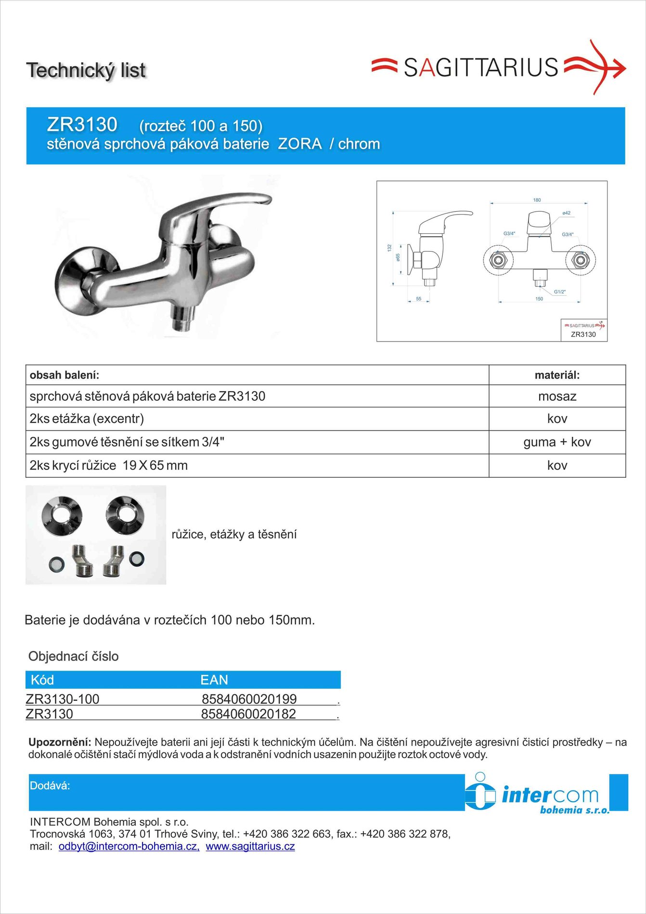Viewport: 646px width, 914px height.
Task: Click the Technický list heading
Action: [86, 70]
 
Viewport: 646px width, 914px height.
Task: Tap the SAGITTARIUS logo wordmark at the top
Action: [480, 68]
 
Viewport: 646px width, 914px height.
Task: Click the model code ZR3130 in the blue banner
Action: [82, 125]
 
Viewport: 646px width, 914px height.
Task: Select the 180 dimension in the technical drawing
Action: [537, 200]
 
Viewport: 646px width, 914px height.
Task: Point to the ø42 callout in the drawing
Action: [566, 213]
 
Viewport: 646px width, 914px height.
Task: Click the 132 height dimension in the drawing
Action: [389, 248]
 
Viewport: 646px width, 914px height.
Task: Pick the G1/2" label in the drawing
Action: [559, 292]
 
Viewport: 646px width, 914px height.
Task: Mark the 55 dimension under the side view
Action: [418, 299]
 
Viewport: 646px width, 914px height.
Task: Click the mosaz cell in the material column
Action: [557, 396]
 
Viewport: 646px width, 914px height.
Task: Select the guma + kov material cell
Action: [557, 442]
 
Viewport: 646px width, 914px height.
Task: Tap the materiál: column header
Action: [557, 375]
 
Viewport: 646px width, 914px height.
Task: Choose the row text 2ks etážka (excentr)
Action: [87, 419]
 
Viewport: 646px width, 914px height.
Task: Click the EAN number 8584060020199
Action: [249, 698]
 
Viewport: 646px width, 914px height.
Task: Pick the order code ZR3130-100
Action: [63, 698]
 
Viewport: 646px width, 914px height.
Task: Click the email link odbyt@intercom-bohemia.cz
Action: [129, 847]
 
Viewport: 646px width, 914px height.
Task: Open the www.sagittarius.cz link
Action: [250, 847]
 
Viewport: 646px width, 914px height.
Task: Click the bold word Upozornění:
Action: [60, 742]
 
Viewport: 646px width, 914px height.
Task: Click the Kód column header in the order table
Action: [42, 680]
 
